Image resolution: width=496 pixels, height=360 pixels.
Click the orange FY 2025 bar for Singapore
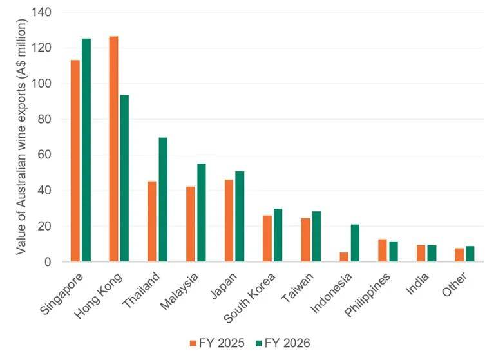click(x=75, y=161)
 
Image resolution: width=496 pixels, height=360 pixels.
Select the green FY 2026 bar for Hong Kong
click(x=124, y=178)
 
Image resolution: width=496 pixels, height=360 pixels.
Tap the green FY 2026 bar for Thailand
click(x=163, y=200)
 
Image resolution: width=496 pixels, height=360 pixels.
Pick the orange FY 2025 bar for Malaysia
click(x=191, y=224)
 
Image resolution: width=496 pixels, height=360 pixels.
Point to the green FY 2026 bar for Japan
click(x=240, y=216)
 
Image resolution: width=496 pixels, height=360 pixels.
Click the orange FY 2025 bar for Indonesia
click(x=344, y=257)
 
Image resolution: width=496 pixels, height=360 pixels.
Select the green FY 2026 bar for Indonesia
click(x=355, y=243)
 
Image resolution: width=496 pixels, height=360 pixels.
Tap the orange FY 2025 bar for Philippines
click(x=383, y=251)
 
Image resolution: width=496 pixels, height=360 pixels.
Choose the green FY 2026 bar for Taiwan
click(x=317, y=236)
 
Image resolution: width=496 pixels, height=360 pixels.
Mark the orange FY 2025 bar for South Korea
click(x=267, y=239)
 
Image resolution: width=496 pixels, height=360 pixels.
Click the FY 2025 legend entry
click(x=217, y=343)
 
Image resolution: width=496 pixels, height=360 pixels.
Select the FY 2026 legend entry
click(x=283, y=343)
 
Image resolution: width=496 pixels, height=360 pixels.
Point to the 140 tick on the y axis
click(x=41, y=12)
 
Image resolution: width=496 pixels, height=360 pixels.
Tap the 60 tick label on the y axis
click(x=44, y=155)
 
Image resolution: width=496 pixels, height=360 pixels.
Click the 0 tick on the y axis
click(x=48, y=262)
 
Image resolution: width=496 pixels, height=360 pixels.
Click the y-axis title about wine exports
click(x=21, y=137)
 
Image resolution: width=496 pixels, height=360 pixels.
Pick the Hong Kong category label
click(x=98, y=296)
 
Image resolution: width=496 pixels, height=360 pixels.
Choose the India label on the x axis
click(x=417, y=284)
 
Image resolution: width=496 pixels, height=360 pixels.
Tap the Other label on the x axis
click(x=455, y=285)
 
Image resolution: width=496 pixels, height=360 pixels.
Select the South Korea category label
click(x=249, y=298)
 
